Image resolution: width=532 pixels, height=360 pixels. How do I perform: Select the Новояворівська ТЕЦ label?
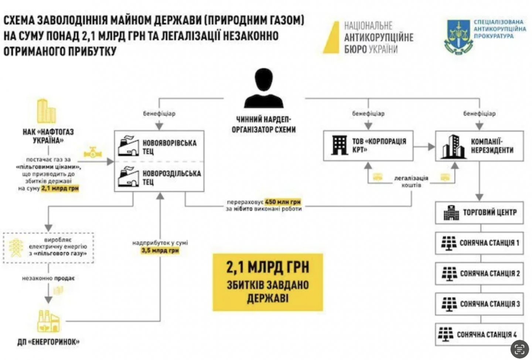[x=170, y=147]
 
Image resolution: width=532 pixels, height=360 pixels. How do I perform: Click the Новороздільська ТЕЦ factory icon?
[x=128, y=176]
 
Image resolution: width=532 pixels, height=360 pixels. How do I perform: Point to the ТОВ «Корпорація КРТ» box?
[x=368, y=146]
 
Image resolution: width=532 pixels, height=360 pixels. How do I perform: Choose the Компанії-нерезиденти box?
[x=479, y=146]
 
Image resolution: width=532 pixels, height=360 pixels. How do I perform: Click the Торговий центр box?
[x=479, y=213]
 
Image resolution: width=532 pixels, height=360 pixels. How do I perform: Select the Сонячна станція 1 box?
[x=479, y=243]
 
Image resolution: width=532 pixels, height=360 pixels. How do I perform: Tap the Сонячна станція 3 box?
[x=479, y=304]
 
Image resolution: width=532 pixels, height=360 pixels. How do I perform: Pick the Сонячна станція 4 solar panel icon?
[x=446, y=334]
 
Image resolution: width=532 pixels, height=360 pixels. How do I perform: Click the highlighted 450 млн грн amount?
[x=283, y=202]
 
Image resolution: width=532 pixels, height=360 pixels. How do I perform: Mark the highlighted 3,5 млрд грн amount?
[x=160, y=250]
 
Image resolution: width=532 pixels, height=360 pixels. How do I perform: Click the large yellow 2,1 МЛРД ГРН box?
[x=267, y=282]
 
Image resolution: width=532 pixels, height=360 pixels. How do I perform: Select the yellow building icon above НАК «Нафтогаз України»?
[x=47, y=111]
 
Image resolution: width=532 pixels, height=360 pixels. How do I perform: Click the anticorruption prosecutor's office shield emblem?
[x=458, y=37]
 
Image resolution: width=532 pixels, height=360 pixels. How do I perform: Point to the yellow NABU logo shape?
[x=332, y=38]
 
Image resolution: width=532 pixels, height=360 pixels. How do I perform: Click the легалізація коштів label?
[x=411, y=181]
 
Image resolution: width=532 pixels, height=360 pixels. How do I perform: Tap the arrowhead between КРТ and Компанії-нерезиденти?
[x=432, y=147]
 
